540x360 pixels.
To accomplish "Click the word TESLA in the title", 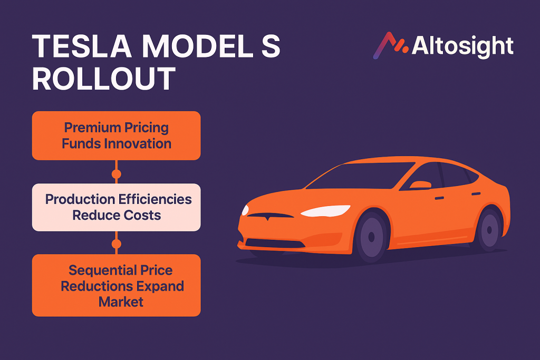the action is tap(82, 46).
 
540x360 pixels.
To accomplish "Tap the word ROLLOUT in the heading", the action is tap(104, 79).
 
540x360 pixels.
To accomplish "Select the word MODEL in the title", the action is tap(198, 46).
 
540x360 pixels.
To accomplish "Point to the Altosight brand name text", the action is tap(462, 46).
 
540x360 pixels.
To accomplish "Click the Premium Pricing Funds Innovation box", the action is tap(117, 135).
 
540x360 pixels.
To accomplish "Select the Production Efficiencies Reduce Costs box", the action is tap(117, 207).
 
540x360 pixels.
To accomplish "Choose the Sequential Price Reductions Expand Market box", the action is tap(117, 285).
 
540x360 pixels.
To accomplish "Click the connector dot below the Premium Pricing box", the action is tap(117, 174).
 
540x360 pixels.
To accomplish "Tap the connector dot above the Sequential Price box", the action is tap(117, 244).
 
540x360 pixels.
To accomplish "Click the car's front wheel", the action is tap(371, 237).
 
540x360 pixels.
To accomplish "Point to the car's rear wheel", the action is tap(489, 230).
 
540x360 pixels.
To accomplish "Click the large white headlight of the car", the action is tap(325, 211).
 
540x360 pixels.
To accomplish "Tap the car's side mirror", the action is tap(420, 185).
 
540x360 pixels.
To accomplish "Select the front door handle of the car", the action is tap(439, 198).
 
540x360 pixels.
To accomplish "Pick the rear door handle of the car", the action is tap(476, 194).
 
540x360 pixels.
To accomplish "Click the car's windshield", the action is tap(360, 176).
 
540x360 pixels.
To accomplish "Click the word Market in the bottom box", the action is tap(121, 302).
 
